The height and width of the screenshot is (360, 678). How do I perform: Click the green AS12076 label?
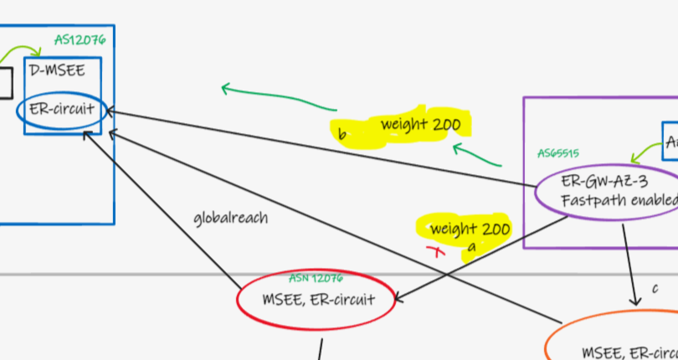point(80,39)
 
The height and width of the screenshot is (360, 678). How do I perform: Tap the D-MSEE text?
point(57,70)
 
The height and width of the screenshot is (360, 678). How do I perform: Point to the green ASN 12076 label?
point(316,278)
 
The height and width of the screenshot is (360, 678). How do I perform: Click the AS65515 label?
point(557,153)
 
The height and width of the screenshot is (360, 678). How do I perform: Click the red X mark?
point(434,250)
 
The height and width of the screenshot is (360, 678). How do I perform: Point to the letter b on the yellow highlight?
point(342,134)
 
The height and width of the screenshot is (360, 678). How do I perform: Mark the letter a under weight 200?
point(471,247)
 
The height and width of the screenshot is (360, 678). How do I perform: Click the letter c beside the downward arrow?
point(655,287)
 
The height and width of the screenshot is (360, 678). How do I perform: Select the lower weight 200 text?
point(470,229)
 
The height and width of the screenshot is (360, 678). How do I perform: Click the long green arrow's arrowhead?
point(224,87)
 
